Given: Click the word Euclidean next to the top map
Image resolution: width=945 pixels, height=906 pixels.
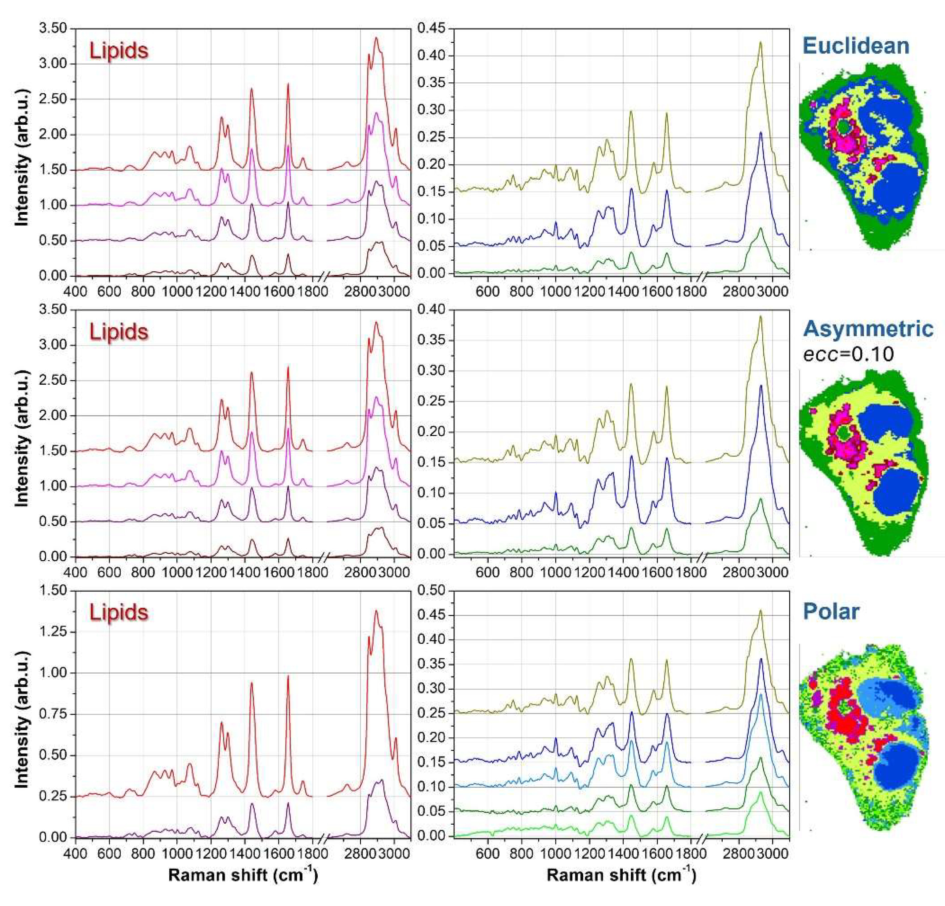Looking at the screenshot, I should tap(856, 46).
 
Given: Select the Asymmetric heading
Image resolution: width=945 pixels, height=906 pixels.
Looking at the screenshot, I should tap(868, 329).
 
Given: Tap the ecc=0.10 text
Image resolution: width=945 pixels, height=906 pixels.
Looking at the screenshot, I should tap(849, 354).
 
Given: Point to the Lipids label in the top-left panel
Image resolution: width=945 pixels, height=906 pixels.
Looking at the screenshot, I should tap(118, 51).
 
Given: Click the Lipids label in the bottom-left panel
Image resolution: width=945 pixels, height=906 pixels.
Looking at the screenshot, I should tap(118, 612).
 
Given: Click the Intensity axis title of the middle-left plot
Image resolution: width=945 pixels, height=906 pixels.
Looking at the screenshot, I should tap(22, 432).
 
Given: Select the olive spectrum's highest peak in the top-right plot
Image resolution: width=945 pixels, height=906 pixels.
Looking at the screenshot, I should tap(761, 42).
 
